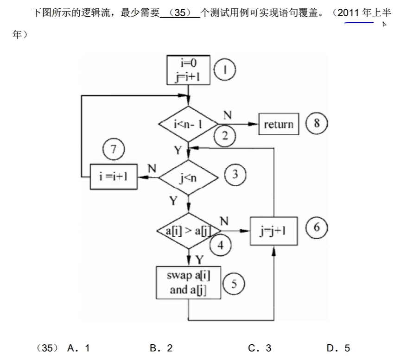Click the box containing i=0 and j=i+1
pos(188,70)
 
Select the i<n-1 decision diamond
pos(188,124)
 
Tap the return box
pos(278,124)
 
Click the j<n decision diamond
pos(188,177)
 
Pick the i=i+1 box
pos(114,177)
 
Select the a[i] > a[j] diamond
pos(188,230)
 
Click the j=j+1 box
pos(273,230)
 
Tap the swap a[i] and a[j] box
pos(189,283)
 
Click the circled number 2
pos(225,135)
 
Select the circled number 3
pos(235,174)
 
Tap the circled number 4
pos(221,246)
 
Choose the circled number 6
pos(317,227)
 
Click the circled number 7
pos(114,150)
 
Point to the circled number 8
pos(317,123)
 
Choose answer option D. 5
pos(338,348)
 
